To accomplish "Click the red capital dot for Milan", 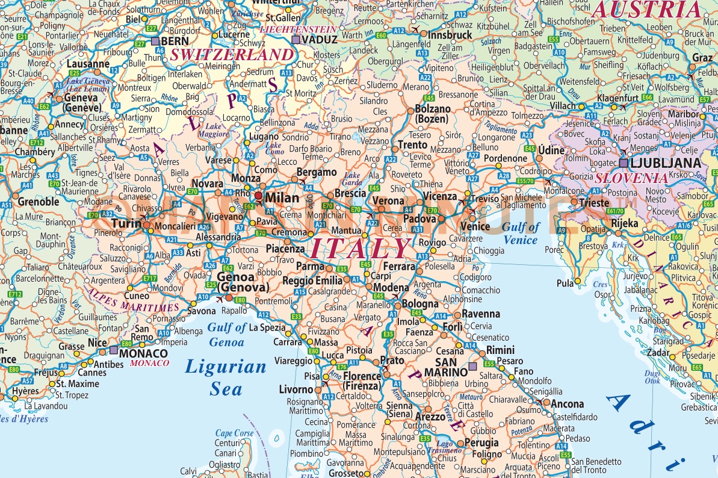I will click(259, 196).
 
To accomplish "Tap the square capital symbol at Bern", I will click(156, 41).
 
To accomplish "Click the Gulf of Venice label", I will click(521, 234).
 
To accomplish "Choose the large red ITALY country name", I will click(360, 247).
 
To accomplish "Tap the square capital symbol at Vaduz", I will click(296, 40).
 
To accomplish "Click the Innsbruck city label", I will click(450, 35).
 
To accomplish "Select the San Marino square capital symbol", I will click(472, 366).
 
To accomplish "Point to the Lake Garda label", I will click(352, 179).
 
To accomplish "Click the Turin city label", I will click(126, 223).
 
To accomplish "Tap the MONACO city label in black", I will click(143, 353).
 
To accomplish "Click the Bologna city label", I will click(420, 304).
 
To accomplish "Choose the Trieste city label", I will click(593, 203).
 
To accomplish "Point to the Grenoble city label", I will click(39, 201).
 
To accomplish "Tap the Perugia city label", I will click(482, 443).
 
